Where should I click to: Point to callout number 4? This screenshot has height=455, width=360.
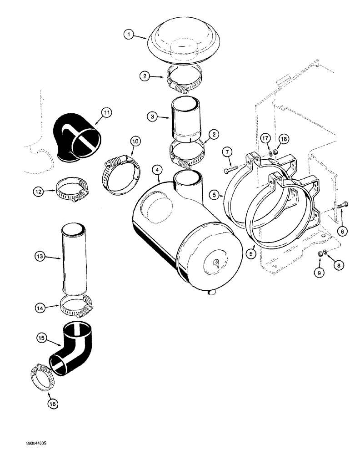pos(157,170)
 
